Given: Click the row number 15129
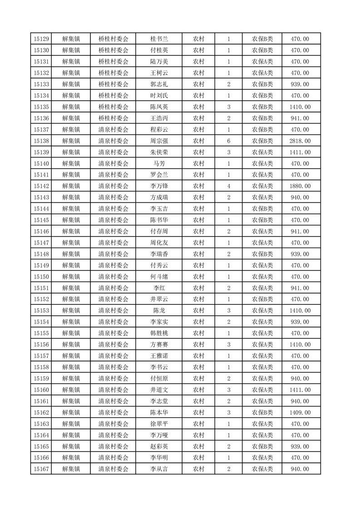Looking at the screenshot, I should click(41, 39).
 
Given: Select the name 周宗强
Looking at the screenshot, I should click(159, 141).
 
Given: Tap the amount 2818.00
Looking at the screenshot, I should click(300, 141).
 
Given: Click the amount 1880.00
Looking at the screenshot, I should click(300, 186).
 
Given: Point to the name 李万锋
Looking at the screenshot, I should click(159, 186).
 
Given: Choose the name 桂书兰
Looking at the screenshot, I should click(159, 39).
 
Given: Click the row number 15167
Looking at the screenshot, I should click(41, 469).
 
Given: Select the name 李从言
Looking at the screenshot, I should click(159, 469).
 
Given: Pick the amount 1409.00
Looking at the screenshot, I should click(300, 412).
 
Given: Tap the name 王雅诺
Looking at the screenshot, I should click(159, 356).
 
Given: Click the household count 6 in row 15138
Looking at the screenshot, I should click(228, 141).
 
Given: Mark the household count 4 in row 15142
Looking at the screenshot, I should click(228, 186).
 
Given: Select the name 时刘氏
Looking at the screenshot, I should click(159, 96).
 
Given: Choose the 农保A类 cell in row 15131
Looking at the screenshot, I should click(262, 62).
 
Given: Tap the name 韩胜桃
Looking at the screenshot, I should click(159, 333).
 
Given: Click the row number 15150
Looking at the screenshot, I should click(41, 277).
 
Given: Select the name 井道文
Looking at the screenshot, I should click(159, 390).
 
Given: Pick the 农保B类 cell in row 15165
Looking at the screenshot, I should click(262, 446).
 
